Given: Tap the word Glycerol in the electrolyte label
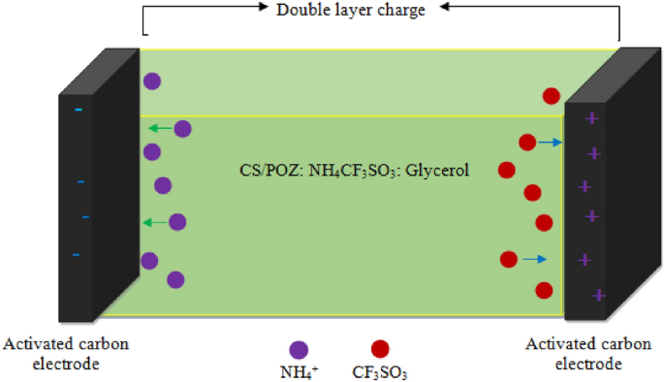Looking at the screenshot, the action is tap(437, 170).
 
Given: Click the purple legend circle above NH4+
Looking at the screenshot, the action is tap(299, 349).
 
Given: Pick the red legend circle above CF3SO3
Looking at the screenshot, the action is tap(380, 349).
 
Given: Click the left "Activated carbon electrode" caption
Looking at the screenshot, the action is tap(67, 353).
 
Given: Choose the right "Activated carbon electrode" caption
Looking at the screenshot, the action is tap(575, 353).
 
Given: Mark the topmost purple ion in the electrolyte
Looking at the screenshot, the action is tap(152, 81).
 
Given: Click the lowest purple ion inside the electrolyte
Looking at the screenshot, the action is tap(175, 280).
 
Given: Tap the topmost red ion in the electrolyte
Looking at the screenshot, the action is tap(552, 95).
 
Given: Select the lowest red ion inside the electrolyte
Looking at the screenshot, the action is tap(545, 290).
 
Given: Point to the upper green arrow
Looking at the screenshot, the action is tap(159, 128).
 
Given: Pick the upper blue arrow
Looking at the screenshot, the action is tap(551, 143).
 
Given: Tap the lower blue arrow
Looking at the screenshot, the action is tap(535, 259).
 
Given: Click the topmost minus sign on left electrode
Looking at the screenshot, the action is tap(79, 110).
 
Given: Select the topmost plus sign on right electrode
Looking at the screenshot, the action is tap(590, 118).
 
